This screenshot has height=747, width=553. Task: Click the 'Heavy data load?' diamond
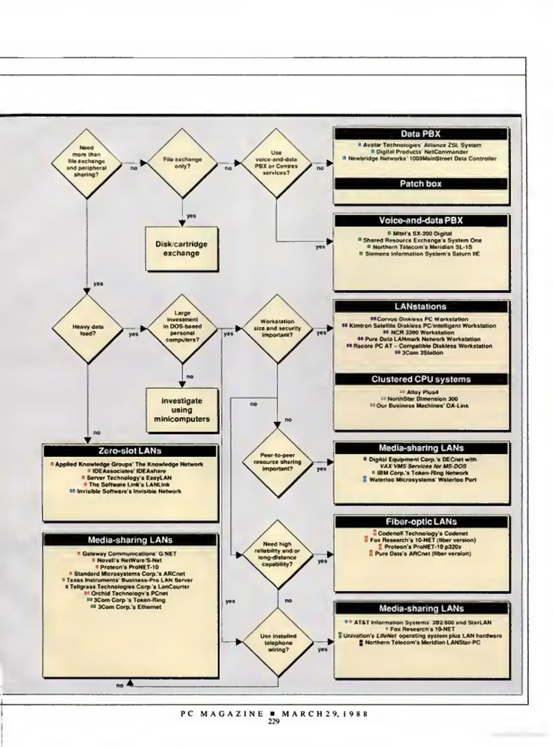point(88,330)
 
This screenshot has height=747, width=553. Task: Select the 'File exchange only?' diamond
point(182,163)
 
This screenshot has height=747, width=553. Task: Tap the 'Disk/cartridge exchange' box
point(181,249)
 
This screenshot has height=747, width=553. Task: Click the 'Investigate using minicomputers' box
point(182,410)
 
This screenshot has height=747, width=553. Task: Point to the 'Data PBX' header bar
point(421,134)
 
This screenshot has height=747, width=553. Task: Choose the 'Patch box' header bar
point(421,184)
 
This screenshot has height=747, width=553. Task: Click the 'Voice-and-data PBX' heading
point(421,221)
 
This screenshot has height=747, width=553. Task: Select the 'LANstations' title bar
point(421,307)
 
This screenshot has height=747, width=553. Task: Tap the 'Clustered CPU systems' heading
point(421,379)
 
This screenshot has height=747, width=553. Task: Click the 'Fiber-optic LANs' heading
point(421,522)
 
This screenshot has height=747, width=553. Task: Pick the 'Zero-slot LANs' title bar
point(130,451)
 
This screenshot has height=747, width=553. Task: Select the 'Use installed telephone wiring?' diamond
point(278,643)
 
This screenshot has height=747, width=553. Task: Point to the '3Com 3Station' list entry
point(422,353)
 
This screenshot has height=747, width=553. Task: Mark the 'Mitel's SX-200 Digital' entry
point(422,233)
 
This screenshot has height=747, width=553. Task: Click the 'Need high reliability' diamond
point(277,554)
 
